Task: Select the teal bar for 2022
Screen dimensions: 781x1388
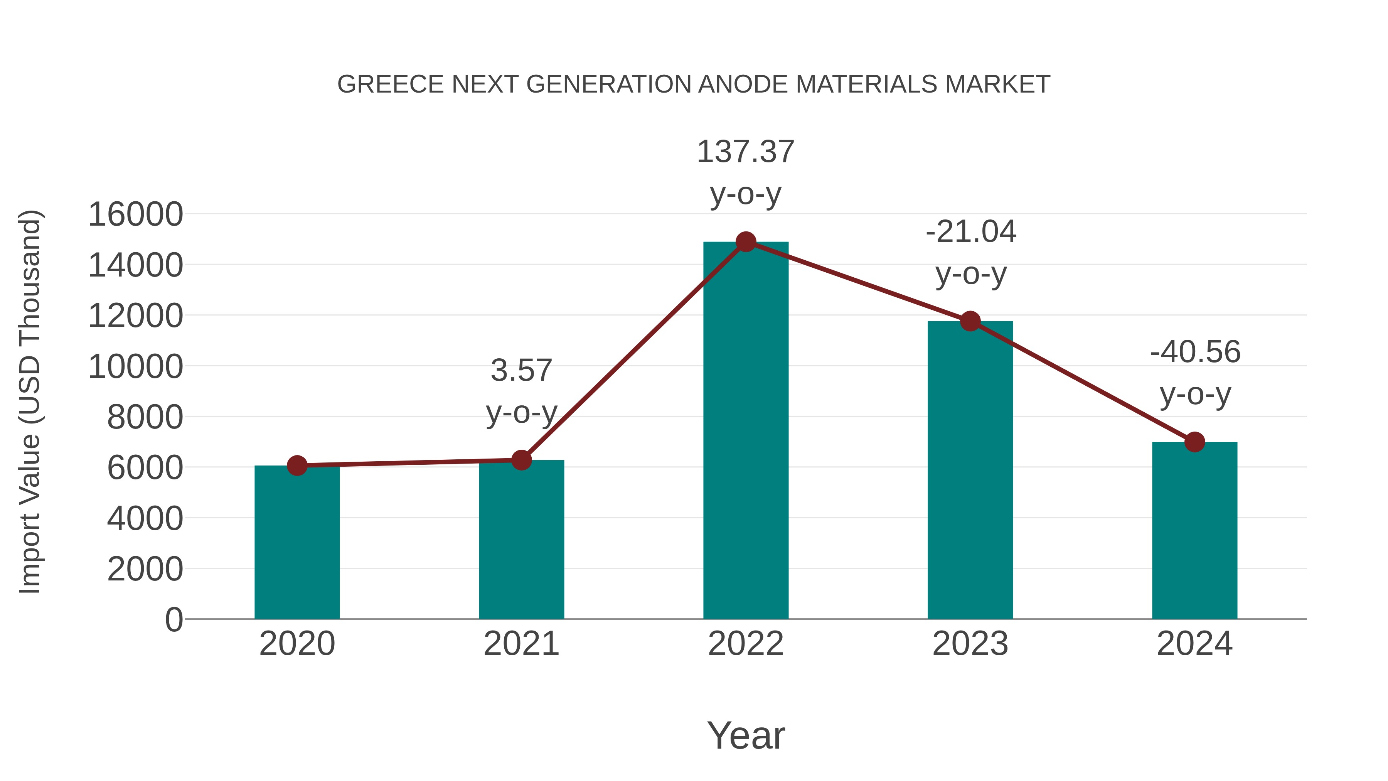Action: coord(746,431)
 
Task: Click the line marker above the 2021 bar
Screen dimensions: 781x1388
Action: coord(521,460)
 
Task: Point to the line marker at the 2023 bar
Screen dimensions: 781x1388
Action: coord(970,321)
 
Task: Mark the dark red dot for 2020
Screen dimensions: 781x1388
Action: coord(297,465)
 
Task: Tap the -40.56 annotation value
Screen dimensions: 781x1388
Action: coord(1195,352)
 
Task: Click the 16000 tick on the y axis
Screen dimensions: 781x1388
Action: coord(135,214)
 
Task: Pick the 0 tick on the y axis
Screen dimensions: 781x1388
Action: coord(173,620)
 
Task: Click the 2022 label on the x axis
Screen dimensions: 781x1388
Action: coord(746,644)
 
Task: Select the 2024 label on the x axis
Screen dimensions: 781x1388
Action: coord(1194,644)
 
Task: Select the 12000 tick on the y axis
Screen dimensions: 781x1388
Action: coord(135,316)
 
